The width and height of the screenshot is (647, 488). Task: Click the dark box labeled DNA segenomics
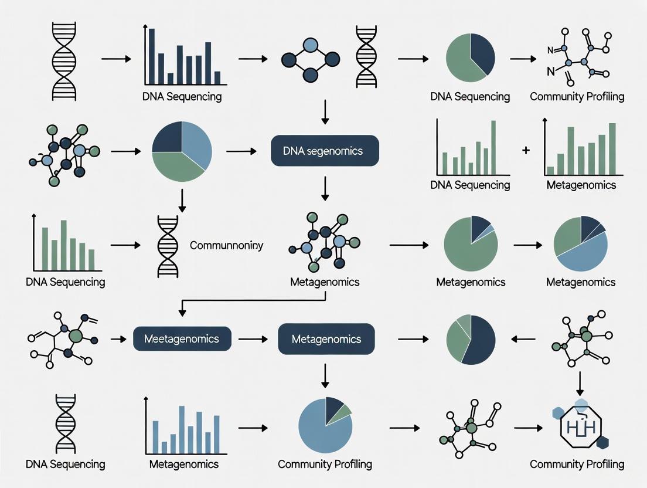coord(325,151)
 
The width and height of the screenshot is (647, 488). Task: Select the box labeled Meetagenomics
coord(182,339)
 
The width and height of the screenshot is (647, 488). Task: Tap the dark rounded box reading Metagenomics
coord(326,339)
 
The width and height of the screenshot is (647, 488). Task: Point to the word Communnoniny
coord(226,245)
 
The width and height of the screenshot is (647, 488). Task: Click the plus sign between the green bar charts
coord(525,150)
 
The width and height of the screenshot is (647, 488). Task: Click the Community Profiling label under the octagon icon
coord(577,464)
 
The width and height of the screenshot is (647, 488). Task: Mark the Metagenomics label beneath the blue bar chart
coord(184,464)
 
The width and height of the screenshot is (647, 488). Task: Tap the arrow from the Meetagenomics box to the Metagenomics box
coord(254,339)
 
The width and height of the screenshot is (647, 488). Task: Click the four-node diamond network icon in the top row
coord(311,59)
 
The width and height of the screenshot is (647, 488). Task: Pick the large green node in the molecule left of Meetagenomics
coord(75,336)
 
